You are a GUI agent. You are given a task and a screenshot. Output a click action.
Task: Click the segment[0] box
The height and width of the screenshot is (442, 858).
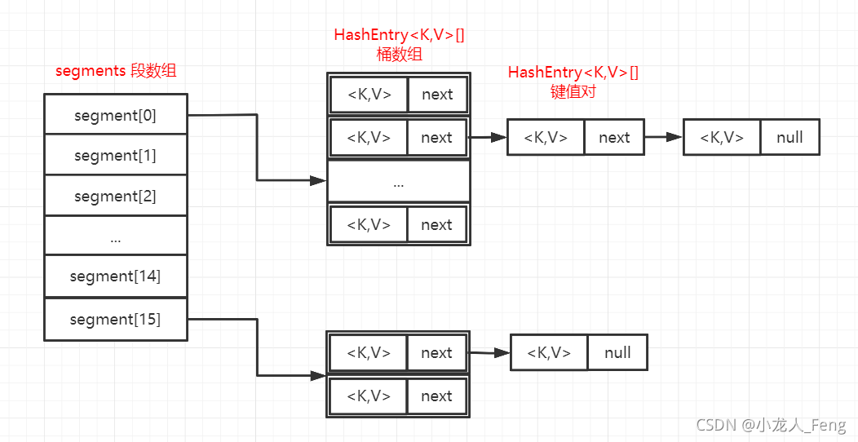[115, 115]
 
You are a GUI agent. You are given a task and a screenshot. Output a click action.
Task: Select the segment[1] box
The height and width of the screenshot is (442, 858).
[115, 155]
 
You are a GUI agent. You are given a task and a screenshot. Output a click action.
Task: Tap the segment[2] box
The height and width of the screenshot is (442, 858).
[115, 196]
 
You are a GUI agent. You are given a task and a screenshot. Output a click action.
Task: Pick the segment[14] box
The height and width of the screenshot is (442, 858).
[115, 276]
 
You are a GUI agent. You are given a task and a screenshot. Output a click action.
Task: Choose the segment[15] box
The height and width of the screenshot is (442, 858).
[115, 319]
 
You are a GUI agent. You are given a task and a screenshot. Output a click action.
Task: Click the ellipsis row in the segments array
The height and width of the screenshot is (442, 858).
[115, 236]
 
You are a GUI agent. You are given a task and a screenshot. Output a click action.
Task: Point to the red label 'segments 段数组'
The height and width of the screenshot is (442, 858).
[116, 71]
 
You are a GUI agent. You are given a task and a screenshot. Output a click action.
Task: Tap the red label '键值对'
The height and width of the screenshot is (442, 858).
[573, 91]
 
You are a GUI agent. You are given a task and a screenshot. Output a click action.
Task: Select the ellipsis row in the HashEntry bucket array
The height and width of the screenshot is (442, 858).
[399, 182]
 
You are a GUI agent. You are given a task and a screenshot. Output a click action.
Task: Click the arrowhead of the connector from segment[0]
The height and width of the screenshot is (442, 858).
[319, 181]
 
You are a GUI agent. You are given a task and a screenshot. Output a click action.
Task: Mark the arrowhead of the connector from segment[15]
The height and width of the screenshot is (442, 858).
[319, 376]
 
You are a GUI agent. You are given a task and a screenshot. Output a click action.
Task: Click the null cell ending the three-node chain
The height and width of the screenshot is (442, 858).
[789, 138]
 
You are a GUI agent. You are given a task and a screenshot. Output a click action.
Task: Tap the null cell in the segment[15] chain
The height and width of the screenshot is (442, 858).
[617, 352]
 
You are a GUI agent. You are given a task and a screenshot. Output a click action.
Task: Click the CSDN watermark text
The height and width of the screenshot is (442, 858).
[770, 425]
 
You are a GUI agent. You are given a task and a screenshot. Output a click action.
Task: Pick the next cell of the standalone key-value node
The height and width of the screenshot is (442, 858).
[613, 138]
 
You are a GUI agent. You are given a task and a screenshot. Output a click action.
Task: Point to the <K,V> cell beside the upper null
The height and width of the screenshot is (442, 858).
[722, 138]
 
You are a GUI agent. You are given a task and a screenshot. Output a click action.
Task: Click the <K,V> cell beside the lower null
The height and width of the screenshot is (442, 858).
[549, 352]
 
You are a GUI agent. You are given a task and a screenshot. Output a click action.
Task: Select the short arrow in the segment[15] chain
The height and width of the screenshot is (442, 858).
[489, 353]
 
